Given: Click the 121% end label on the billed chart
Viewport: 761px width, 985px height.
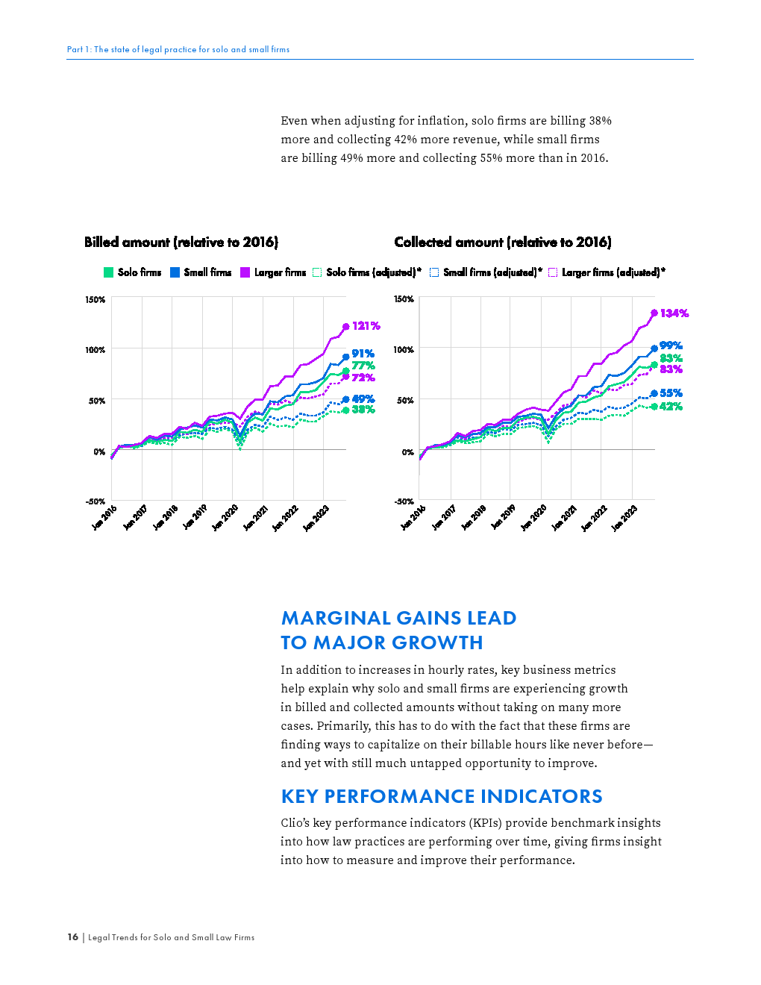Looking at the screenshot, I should point(366,326).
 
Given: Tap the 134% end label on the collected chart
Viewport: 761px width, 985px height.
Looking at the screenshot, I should point(674,313).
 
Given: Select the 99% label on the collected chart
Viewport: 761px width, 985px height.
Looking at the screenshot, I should point(671,345).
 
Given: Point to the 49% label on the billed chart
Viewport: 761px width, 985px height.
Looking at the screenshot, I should point(363,399).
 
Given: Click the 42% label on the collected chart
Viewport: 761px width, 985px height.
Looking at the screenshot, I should point(671,407).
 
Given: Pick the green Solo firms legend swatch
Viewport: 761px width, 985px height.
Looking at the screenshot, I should point(108,272).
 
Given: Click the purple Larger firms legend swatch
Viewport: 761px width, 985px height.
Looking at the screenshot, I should point(245,272).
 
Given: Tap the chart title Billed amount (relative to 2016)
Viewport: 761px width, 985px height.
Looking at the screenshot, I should point(181,242).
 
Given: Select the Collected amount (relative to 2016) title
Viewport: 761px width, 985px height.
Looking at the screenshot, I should point(503,242).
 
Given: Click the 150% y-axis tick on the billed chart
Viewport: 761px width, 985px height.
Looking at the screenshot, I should point(95,300).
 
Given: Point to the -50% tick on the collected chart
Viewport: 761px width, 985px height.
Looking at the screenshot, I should point(404,501).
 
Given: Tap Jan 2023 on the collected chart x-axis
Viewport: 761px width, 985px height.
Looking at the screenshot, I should point(624,517).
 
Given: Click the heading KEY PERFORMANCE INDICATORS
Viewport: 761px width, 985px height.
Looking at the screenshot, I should point(442,796).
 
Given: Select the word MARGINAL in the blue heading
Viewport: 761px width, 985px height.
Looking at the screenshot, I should point(336,618).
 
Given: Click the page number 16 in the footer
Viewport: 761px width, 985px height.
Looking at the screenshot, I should point(72,937).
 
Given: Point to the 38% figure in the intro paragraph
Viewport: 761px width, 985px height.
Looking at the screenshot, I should point(600,121).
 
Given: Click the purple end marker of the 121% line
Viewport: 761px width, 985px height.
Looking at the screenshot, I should point(345,327).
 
